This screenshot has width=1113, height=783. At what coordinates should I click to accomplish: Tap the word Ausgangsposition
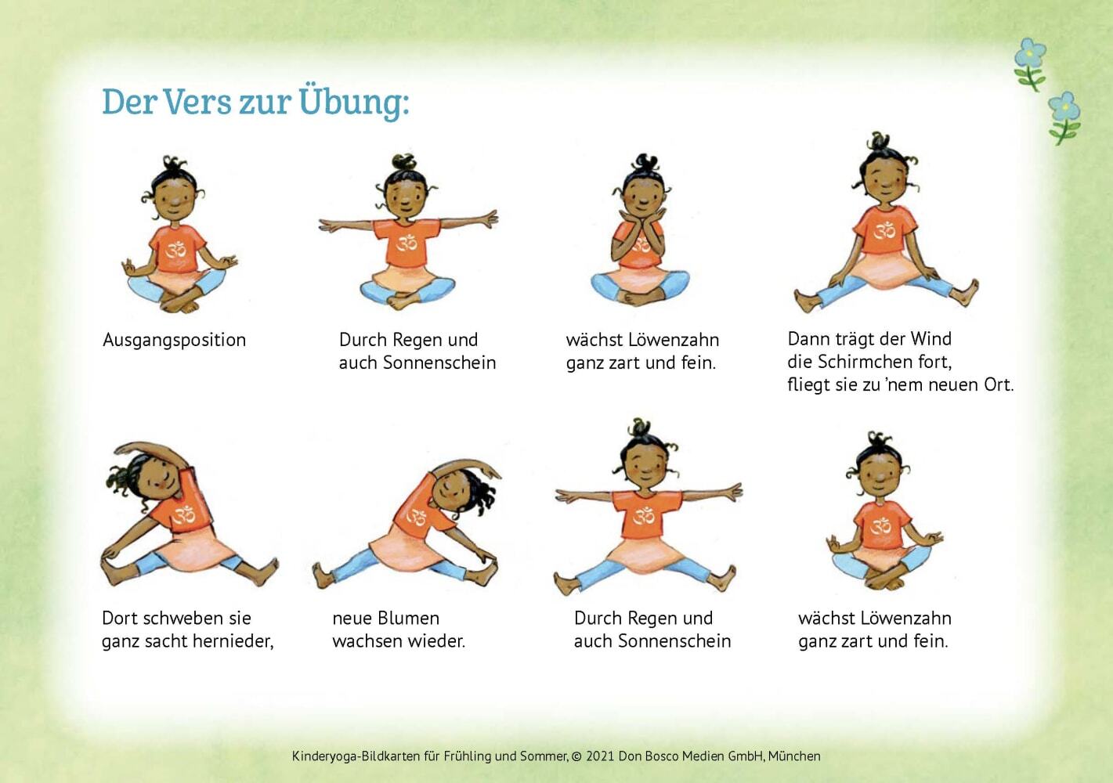click(x=175, y=341)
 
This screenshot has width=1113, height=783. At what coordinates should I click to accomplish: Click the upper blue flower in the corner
click(x=1030, y=64)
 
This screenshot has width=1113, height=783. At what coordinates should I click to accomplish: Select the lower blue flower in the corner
click(x=1064, y=117)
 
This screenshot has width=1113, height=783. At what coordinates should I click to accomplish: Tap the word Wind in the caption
click(x=931, y=339)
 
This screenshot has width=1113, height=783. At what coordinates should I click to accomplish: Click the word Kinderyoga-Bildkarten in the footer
click(x=356, y=756)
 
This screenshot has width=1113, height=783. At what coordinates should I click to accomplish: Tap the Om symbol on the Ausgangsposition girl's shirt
click(x=176, y=251)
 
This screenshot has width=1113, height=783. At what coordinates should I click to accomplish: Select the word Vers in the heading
click(x=197, y=103)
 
